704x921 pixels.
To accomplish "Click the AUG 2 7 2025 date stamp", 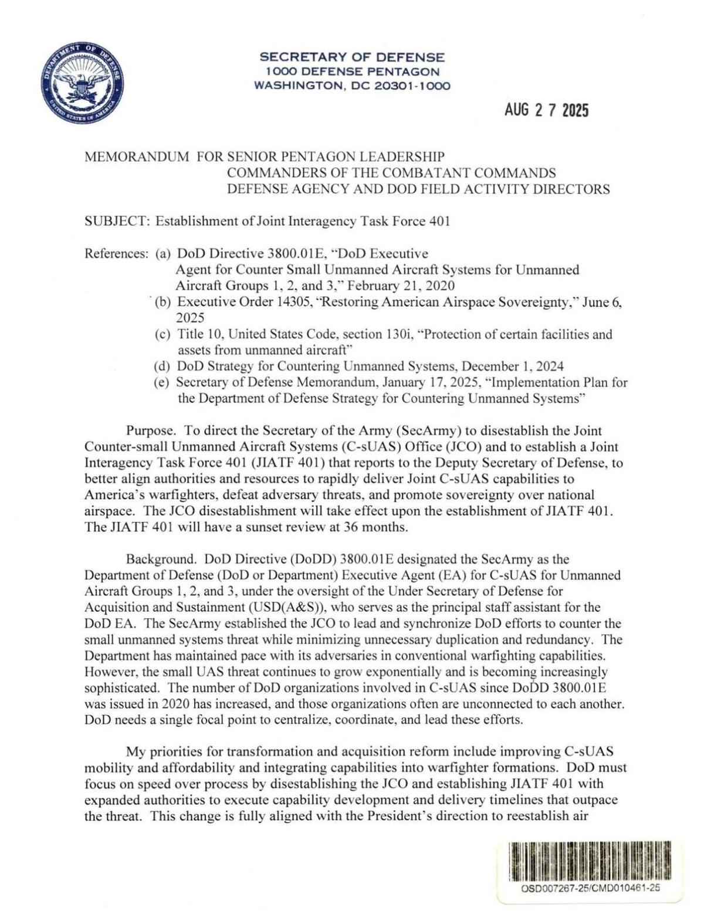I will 546,110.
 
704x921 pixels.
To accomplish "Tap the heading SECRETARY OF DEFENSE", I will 352,57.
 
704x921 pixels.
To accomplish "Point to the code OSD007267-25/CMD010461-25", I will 590,887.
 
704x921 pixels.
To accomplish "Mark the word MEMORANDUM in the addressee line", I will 137,157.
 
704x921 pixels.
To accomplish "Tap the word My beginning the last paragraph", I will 134,751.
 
